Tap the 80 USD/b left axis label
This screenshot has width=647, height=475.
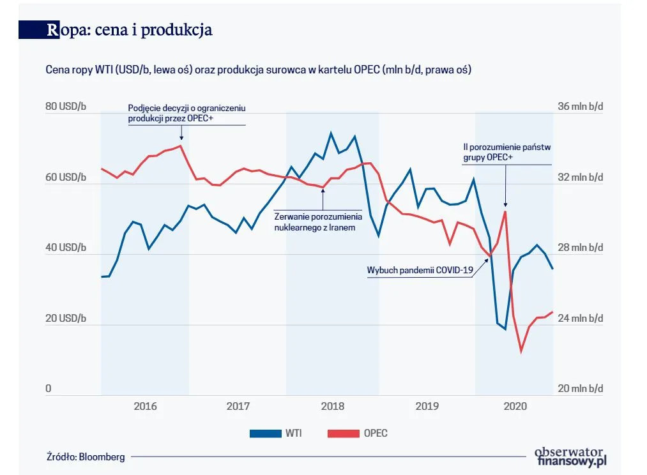coord(65,107)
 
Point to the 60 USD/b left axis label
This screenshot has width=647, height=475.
coord(65,177)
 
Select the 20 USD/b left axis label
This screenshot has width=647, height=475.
coord(65,319)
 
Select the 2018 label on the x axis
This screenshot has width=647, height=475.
coord(332,406)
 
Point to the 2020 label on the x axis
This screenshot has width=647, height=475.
coord(514,406)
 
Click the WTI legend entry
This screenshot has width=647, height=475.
coord(275,434)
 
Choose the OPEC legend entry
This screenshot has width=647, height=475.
coord(357,434)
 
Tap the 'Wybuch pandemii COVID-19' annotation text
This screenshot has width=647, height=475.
coord(420,270)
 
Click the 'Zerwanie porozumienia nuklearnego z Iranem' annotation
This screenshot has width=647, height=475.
coord(318,222)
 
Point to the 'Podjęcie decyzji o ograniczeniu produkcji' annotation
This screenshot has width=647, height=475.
coord(186,113)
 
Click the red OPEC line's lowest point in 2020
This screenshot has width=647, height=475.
coord(521,351)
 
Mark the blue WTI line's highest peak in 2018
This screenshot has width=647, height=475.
coord(331,133)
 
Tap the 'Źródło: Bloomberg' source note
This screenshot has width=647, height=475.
coord(86,456)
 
